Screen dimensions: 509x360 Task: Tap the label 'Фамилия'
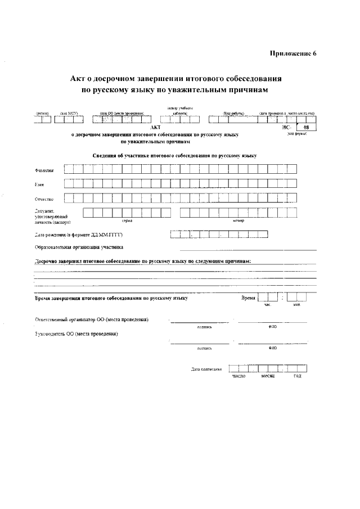point(44,170)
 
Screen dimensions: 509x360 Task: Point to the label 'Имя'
point(39,184)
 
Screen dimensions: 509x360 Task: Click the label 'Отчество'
point(44,199)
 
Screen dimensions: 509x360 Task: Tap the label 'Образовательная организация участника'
point(79,247)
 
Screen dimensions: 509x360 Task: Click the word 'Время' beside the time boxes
point(248,298)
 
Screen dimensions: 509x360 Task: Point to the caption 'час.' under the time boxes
point(267,305)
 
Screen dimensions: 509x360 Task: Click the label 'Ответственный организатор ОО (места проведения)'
point(92,319)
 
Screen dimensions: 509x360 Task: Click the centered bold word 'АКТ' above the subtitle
point(156,128)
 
